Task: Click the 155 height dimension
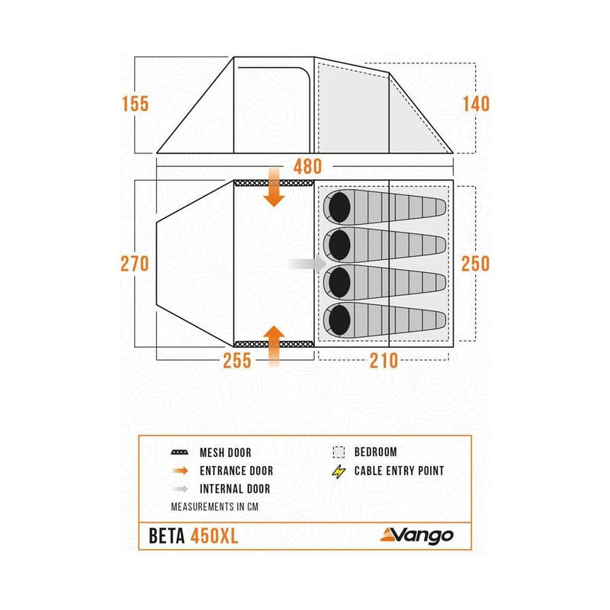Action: click(136, 104)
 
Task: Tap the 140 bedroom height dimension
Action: click(476, 104)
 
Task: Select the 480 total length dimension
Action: click(308, 167)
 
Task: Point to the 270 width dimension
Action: click(135, 264)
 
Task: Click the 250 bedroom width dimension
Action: click(475, 264)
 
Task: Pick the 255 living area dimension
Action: click(237, 361)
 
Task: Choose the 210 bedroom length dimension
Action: click(384, 361)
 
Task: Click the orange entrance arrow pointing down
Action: click(274, 187)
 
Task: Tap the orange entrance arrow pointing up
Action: click(274, 346)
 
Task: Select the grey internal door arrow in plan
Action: click(307, 264)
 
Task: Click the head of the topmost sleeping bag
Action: click(339, 207)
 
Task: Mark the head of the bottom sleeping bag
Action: click(339, 320)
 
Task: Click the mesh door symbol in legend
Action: click(180, 452)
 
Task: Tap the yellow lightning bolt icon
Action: click(339, 471)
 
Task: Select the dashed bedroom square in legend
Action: click(339, 452)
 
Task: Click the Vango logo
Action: click(416, 536)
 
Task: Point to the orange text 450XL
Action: click(214, 536)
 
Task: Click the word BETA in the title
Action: click(167, 536)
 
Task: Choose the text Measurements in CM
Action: click(215, 507)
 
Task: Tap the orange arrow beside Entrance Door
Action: click(181, 471)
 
